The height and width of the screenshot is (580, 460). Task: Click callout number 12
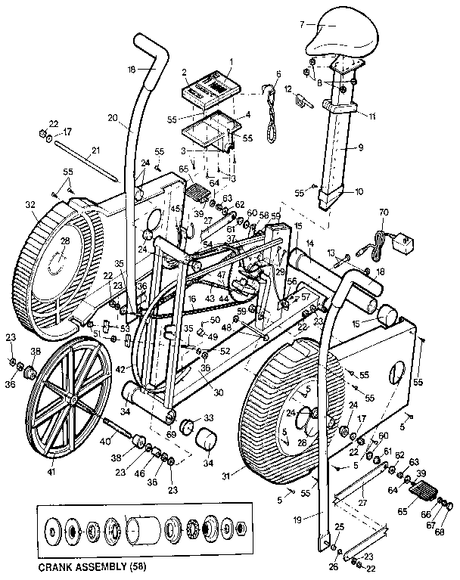[x=287, y=89]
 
